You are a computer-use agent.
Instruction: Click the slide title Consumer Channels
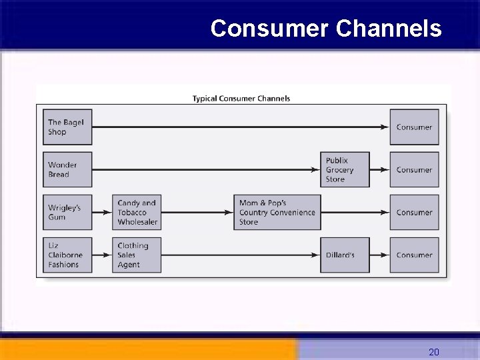coord(325,29)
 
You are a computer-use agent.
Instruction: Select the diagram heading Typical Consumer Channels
coord(241,99)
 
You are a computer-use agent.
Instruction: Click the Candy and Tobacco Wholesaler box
coord(137,213)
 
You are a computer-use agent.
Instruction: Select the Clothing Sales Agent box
coord(137,255)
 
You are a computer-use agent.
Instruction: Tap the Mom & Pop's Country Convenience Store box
coord(277,213)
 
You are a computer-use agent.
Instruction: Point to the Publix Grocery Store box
coord(345,170)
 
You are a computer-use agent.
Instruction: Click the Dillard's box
coord(345,255)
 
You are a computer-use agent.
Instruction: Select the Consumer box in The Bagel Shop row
coord(414,127)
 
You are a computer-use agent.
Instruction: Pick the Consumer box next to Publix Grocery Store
coord(414,170)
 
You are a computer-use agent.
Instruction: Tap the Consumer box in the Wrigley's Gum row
coord(414,213)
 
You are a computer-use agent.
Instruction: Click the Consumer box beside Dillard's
coord(414,255)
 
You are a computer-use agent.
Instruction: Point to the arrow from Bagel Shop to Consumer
coord(240,127)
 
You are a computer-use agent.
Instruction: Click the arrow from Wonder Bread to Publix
coord(207,170)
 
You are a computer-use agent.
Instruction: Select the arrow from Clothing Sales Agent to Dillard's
coord(240,255)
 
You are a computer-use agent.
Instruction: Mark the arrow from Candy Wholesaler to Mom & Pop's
coord(197,213)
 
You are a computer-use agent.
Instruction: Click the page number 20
coord(433,351)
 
